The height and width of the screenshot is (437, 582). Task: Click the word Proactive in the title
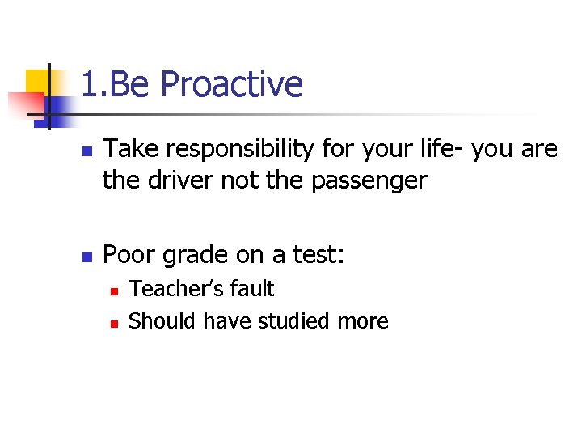point(231,85)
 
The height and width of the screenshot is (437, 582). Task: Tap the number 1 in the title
point(89,85)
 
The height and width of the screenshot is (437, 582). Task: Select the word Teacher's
point(171,289)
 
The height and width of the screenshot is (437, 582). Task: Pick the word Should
point(162,321)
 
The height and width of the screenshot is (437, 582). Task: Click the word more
point(363,322)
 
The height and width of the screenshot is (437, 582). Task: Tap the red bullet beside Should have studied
point(114,323)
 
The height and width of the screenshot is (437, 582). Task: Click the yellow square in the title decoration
point(38,82)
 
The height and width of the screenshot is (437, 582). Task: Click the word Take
point(128,150)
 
